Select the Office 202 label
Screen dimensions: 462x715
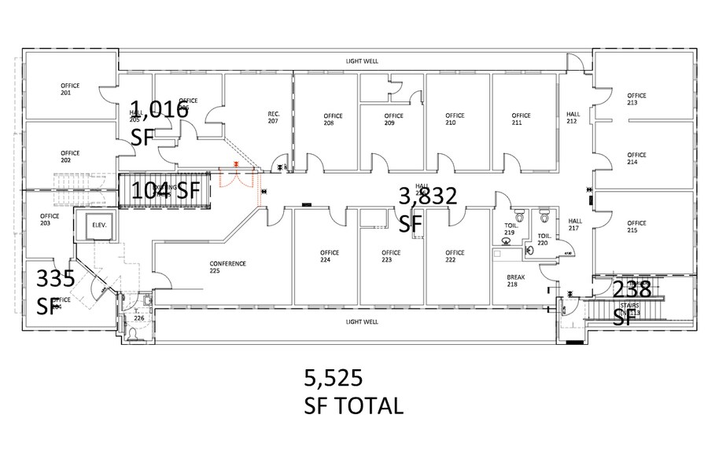[70, 156]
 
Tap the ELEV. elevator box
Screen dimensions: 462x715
[99, 225]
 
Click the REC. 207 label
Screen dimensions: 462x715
[274, 118]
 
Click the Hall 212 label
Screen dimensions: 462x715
[573, 118]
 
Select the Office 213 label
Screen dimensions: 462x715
[636, 99]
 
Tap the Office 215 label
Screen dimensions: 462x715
[636, 226]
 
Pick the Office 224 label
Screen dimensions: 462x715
[330, 256]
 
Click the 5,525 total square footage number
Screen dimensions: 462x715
[333, 379]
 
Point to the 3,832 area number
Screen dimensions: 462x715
[428, 196]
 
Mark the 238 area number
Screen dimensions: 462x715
[632, 289]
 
